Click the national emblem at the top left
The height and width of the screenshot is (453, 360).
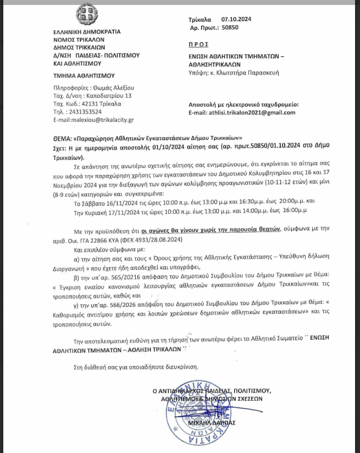point(82,19)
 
